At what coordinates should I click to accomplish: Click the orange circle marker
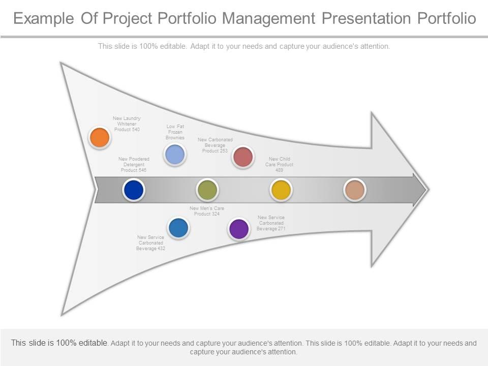point(100,137)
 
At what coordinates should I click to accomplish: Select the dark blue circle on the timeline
point(134,190)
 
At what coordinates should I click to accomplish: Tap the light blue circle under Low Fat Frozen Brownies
point(175,155)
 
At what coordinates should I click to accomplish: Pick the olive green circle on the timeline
point(207,190)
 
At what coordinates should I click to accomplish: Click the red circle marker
point(243,157)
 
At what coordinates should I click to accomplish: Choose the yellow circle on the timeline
point(281,190)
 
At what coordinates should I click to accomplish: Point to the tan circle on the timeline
point(355,190)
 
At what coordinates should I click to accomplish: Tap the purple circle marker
point(238,229)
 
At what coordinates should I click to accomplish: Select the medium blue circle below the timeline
point(178,228)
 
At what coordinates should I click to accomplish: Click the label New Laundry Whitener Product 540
point(127,124)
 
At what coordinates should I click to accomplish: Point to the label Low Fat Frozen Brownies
point(175,132)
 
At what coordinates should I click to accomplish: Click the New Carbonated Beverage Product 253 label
point(215,145)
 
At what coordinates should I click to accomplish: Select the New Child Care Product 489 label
point(279,164)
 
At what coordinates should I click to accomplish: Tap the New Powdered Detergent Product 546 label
point(134,164)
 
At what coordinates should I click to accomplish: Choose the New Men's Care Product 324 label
point(206,211)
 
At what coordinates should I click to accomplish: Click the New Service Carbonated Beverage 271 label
point(271,223)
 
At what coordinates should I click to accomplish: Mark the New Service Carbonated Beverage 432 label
point(150,242)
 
